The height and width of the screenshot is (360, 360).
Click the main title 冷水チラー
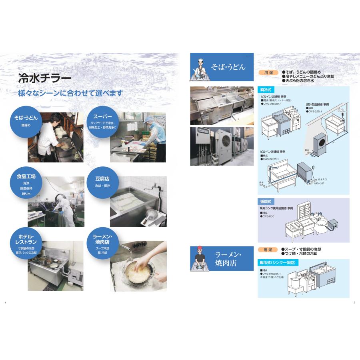point(45,78)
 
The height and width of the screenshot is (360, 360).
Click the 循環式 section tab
point(266,202)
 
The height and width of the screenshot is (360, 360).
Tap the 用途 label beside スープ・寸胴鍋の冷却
point(268,250)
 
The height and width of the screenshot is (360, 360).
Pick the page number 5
point(354,302)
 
